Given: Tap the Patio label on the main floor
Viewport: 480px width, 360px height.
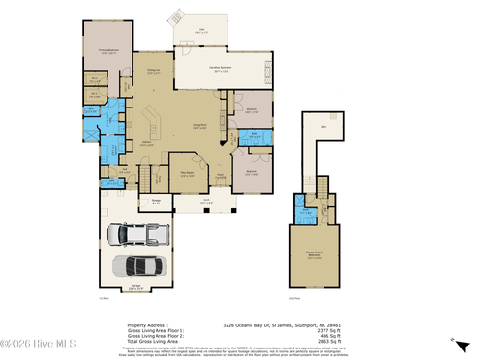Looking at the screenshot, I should pyautogui.click(x=203, y=30).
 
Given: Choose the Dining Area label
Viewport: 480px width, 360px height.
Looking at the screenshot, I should pyautogui.click(x=153, y=71).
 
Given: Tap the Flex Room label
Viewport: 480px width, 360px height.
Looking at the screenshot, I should pyautogui.click(x=189, y=174).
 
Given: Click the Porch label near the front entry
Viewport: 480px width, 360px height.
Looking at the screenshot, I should pyautogui.click(x=204, y=201).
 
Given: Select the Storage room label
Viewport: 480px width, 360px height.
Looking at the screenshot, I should pyautogui.click(x=155, y=200).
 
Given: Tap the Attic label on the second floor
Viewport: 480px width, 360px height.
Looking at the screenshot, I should pyautogui.click(x=324, y=126).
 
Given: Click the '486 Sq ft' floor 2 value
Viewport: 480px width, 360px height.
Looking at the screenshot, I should pyautogui.click(x=324, y=334).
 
